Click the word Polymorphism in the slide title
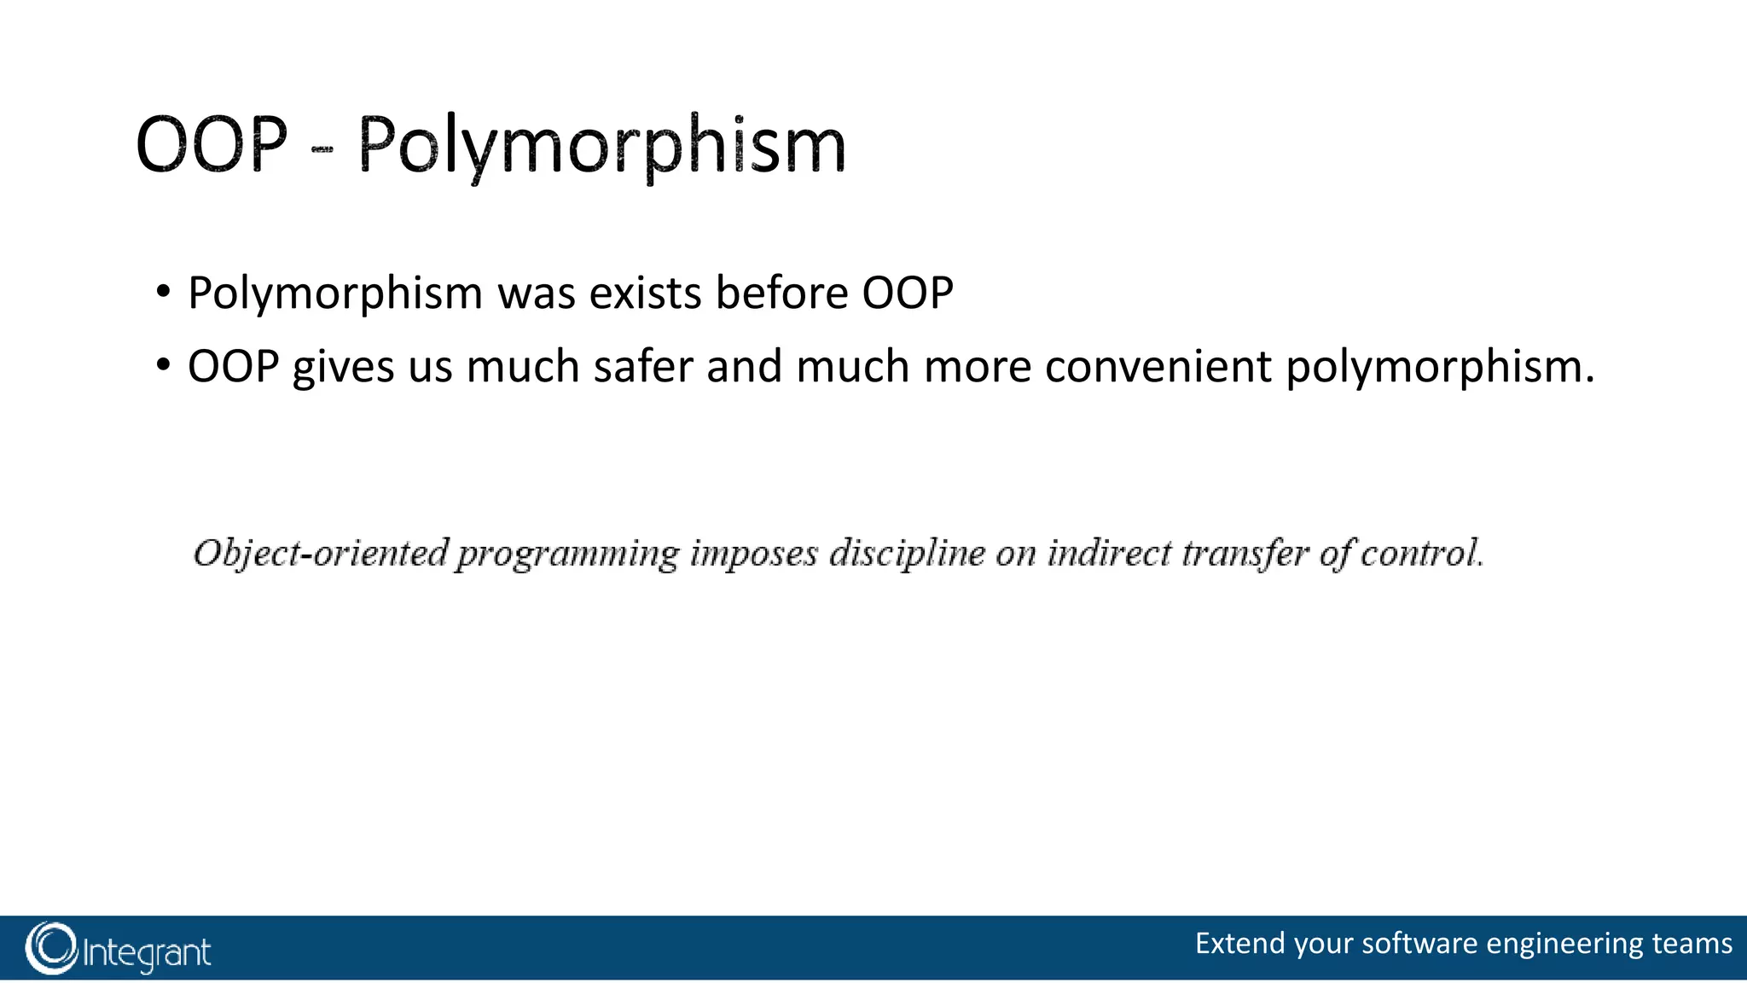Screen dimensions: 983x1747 601,145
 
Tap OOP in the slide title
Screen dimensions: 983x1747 212,145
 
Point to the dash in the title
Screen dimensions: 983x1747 322,149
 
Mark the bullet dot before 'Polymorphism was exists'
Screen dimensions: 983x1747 162,293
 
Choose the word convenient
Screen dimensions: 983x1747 1158,367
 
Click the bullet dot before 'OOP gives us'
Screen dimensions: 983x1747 162,366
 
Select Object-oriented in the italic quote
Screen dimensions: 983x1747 320,553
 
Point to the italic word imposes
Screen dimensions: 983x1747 754,553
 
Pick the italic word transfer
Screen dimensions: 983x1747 1245,553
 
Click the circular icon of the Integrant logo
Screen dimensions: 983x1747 51,948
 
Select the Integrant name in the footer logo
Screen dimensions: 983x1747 147,952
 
